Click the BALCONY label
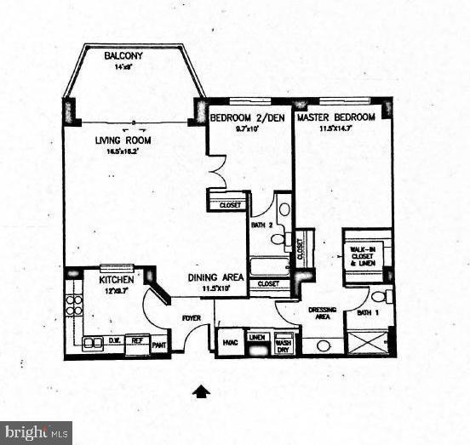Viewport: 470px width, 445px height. click(123, 56)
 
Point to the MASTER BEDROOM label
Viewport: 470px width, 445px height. click(334, 118)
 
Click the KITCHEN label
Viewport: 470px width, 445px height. click(116, 279)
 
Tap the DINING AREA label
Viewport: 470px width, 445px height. click(213, 277)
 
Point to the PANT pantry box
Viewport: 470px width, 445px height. click(158, 345)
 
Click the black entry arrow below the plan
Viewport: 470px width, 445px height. click(201, 391)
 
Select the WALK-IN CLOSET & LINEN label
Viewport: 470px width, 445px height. click(364, 254)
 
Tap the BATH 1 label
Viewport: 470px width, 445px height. click(367, 313)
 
